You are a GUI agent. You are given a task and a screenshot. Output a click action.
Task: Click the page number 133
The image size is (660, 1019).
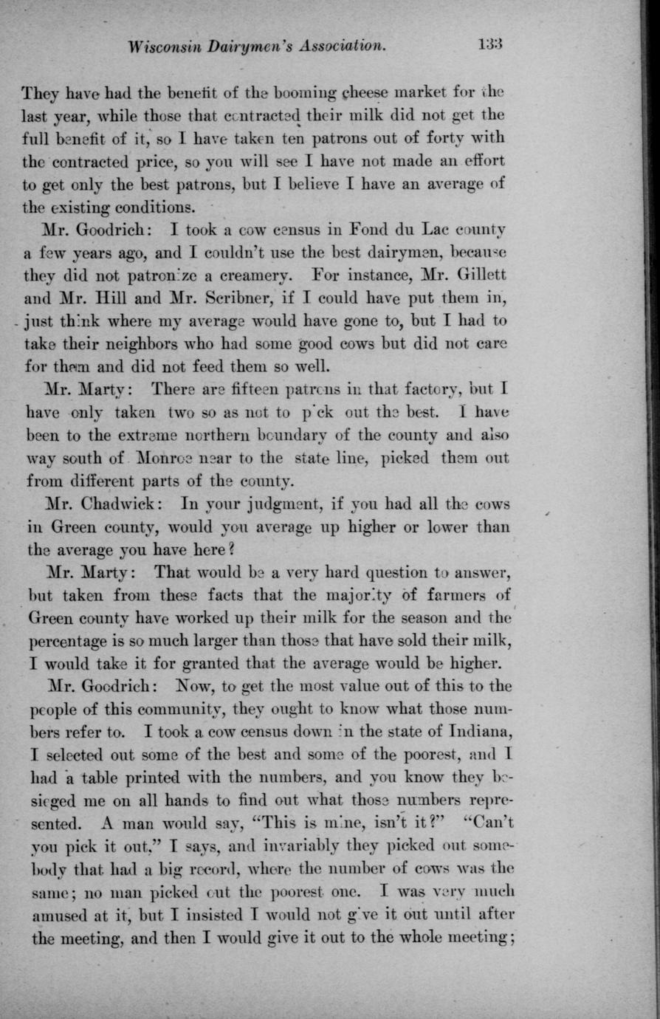coord(489,45)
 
